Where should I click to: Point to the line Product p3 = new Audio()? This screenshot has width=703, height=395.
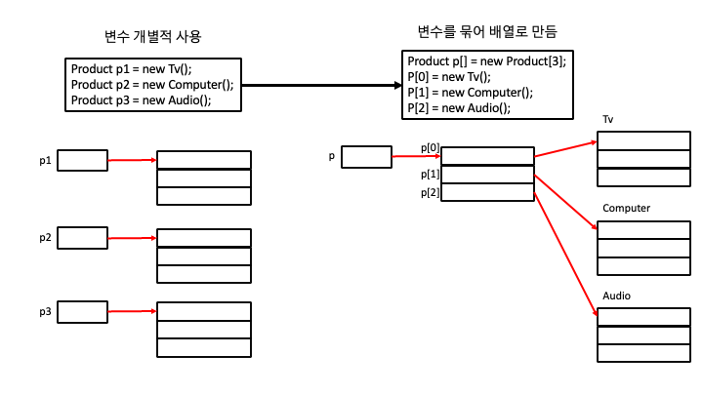141,99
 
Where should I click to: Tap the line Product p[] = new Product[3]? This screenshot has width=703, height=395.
486,61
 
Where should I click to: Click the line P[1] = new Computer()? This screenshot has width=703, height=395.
470,93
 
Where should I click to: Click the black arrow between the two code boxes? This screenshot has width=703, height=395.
321,85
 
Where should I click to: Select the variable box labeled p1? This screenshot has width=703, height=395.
82,160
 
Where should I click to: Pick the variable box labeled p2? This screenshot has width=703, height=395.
82,238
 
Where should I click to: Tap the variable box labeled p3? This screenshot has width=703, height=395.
82,312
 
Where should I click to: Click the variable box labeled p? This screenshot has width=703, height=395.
366,156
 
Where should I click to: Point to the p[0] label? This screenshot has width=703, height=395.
430,148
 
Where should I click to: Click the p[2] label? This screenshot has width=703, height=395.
430,192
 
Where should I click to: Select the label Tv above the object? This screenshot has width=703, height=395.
608,120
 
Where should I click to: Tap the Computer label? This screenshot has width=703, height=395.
626,209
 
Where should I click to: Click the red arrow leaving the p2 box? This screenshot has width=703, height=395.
132,238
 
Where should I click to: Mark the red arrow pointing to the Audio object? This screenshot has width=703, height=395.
566,254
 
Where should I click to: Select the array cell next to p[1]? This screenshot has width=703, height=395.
487,175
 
